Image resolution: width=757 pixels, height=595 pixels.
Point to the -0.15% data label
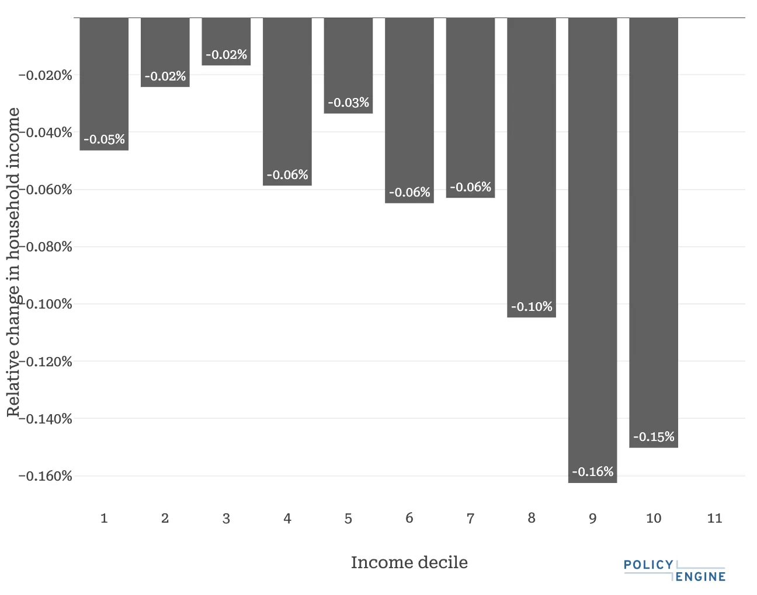point(654,437)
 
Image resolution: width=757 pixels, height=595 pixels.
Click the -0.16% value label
point(592,472)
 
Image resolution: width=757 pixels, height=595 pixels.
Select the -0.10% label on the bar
point(532,307)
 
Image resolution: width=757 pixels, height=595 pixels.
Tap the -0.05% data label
point(104,139)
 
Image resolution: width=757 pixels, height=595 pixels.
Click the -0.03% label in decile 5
point(348,103)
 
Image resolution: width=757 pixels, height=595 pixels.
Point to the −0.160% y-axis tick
point(46,476)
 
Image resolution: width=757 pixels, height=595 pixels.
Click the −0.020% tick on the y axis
point(46,75)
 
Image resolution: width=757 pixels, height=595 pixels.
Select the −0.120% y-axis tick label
point(46,362)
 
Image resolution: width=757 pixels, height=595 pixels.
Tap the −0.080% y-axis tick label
point(46,247)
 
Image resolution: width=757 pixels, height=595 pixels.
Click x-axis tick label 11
point(714,518)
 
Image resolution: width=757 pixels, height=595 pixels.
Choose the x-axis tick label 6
point(409,518)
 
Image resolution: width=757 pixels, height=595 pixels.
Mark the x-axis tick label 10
point(654,518)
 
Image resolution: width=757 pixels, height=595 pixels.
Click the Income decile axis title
point(409,562)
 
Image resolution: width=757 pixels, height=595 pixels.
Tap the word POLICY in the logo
point(648,565)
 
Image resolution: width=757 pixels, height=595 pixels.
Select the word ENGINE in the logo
point(701,577)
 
